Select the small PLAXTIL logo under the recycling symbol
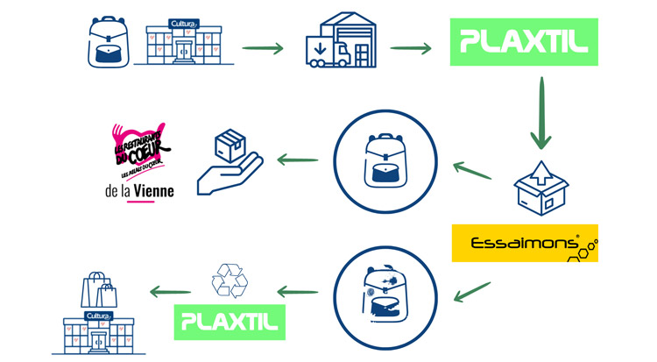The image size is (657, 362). point(230,322)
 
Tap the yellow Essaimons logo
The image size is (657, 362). point(525,243)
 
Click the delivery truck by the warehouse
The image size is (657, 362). point(325,52)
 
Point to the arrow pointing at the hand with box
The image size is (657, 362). point(296,160)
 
